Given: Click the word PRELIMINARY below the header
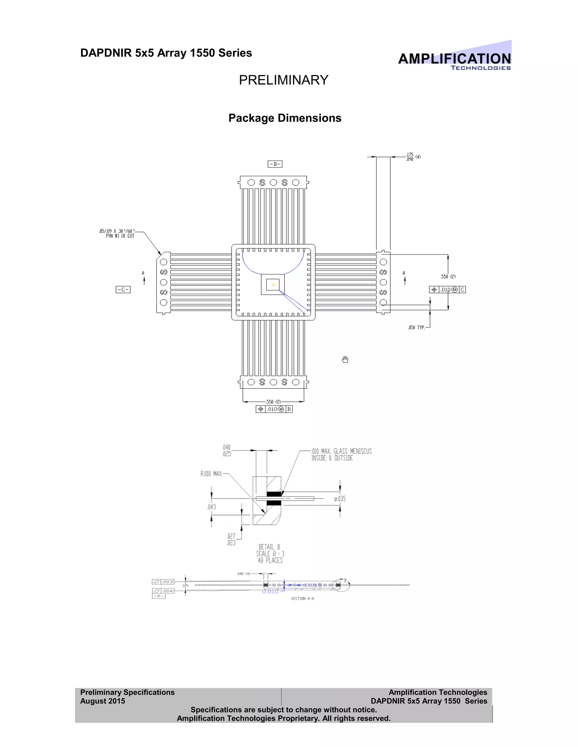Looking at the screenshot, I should point(284,80).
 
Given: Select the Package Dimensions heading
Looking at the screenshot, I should point(284,118).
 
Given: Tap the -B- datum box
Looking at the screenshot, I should point(275,164).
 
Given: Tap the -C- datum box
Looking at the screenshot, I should point(123,290).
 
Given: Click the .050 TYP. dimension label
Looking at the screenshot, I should point(416,327).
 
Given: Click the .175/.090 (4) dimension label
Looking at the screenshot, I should point(413,157).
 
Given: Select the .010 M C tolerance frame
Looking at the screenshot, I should point(447,290).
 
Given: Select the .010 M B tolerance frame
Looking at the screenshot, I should point(274,409).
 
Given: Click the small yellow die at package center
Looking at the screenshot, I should point(273,285).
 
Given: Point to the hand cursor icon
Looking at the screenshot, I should point(345,359).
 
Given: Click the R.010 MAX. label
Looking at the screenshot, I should point(211,474).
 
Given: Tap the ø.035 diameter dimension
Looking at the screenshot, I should point(340,499).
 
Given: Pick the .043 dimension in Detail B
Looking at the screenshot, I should point(212,507).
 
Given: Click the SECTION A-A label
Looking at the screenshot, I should point(302,598).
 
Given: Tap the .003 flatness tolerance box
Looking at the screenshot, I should point(163,582).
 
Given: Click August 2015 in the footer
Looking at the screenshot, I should point(103,701).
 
